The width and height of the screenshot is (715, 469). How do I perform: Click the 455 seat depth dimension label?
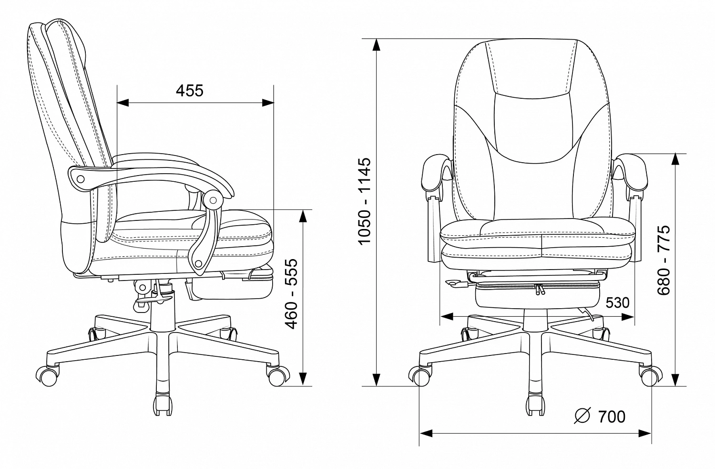tap(190, 91)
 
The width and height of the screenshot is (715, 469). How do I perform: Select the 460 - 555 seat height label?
tap(291, 294)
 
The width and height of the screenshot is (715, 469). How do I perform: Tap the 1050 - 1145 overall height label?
tap(365, 201)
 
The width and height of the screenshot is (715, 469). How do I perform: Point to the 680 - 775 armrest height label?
tap(664, 260)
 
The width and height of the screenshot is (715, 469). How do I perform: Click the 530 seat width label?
tap(618, 302)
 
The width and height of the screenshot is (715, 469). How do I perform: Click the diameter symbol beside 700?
tap(582, 416)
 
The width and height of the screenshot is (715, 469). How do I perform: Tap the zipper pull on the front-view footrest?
tap(540, 289)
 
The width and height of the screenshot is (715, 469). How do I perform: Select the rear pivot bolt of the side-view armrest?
tap(81, 179)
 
